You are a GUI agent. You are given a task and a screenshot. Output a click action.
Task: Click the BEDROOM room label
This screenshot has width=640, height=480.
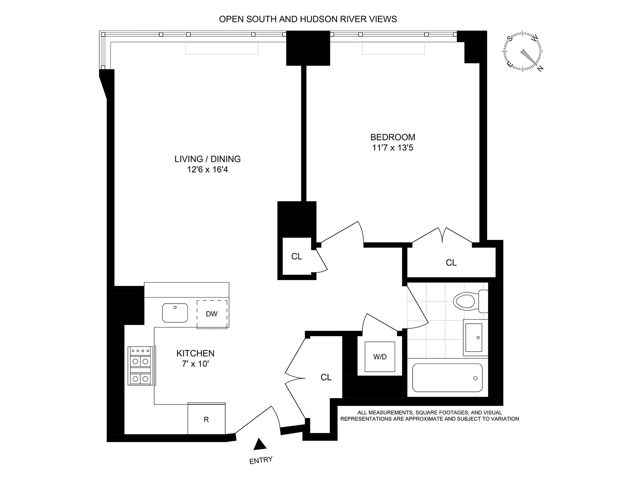[x=393, y=137]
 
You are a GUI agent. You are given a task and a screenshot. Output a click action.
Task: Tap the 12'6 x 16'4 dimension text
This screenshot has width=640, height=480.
[x=207, y=170]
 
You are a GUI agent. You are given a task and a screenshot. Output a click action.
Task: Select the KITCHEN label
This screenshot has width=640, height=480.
[x=195, y=353]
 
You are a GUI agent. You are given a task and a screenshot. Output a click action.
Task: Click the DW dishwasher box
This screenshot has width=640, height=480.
[x=212, y=314]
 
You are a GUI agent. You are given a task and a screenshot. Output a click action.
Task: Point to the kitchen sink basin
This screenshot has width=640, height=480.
[x=175, y=313]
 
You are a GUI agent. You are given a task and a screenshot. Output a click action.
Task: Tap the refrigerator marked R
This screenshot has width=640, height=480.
[x=206, y=419]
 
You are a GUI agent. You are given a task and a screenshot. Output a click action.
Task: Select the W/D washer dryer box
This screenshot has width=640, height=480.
[x=380, y=357]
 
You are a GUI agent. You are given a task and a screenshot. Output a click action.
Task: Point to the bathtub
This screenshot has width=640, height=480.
[x=447, y=378]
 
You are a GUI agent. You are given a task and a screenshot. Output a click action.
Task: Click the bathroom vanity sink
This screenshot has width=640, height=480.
[x=474, y=338]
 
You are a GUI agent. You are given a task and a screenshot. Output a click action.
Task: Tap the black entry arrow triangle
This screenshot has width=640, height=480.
[x=260, y=445]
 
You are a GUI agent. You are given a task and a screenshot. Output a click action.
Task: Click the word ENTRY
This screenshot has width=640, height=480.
[x=261, y=460]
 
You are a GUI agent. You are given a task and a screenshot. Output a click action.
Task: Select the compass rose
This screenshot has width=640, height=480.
[x=523, y=51]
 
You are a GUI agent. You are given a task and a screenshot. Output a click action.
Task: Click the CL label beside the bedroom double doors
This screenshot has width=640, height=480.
[x=451, y=263]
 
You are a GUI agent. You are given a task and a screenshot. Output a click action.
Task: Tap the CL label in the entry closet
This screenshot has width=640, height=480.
[x=326, y=378]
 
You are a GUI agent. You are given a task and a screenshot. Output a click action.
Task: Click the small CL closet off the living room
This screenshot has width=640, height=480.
[x=297, y=256]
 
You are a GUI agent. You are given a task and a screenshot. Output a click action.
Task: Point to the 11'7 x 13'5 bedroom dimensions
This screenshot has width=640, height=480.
[x=393, y=148]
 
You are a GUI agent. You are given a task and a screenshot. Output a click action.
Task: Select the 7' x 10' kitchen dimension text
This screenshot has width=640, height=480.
[x=195, y=364]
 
